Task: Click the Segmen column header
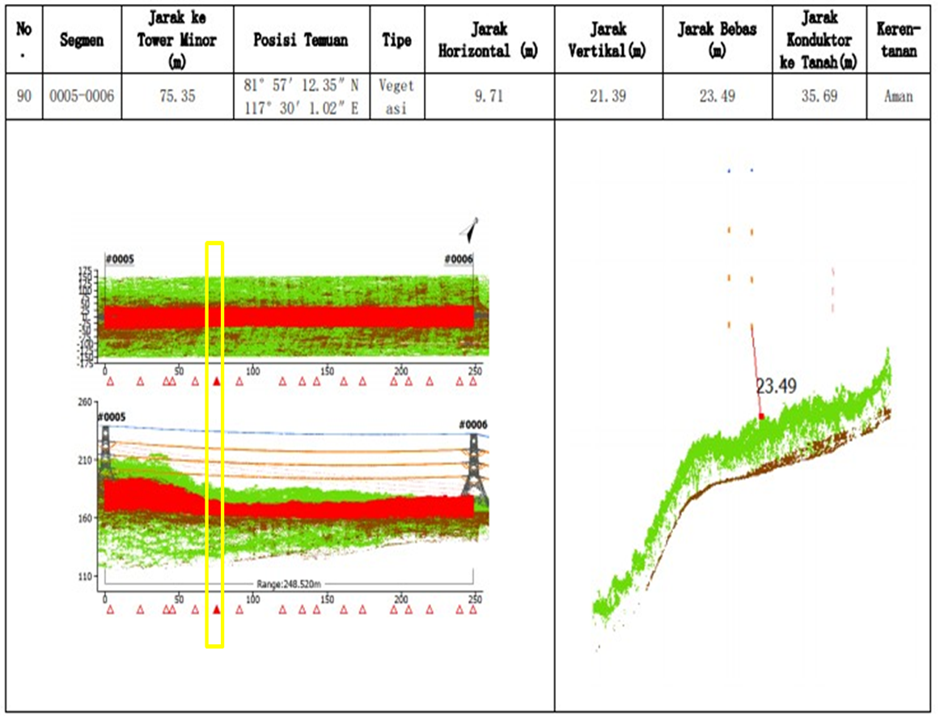(x=82, y=39)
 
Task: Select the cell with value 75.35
(x=171, y=96)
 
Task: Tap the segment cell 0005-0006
(x=82, y=96)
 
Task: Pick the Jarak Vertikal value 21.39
(x=608, y=96)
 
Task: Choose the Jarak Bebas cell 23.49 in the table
(x=715, y=96)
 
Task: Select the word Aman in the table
(x=898, y=96)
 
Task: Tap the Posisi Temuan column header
(x=302, y=39)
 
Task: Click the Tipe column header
(x=396, y=39)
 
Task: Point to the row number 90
(x=24, y=96)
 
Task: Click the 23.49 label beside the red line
(x=777, y=387)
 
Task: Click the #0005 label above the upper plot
(x=119, y=260)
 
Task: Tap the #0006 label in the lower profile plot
(x=473, y=425)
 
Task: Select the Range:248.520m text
(x=289, y=583)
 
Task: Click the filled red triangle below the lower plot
(x=216, y=610)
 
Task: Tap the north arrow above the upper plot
(x=470, y=229)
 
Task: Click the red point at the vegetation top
(x=761, y=417)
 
